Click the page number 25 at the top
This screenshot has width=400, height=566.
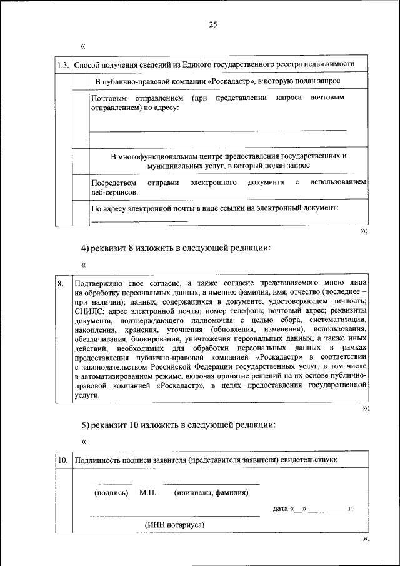click(212, 24)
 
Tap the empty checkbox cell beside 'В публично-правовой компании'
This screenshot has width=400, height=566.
click(80, 82)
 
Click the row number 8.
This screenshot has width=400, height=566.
click(61, 283)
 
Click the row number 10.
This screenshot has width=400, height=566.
click(62, 460)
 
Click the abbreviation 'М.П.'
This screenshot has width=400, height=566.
click(147, 493)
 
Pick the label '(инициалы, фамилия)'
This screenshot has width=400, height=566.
click(211, 493)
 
